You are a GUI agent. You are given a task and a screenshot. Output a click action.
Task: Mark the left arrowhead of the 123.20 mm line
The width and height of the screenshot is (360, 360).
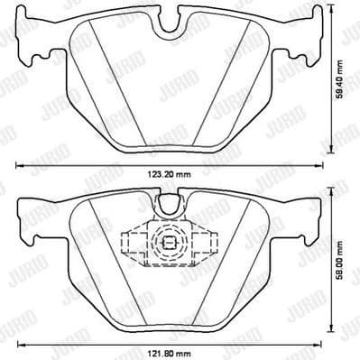(20, 167)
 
